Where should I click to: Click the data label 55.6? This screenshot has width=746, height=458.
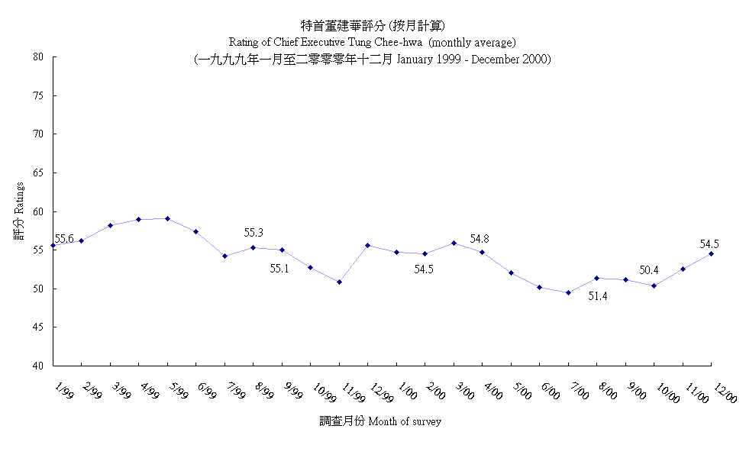coord(64,239)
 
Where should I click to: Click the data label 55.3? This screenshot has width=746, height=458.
coord(254,233)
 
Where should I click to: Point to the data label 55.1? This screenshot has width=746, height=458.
coord(280,269)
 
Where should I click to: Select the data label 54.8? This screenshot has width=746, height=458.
coord(480,239)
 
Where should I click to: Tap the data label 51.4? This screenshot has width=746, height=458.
coord(598,296)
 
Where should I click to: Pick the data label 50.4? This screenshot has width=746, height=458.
coord(649,270)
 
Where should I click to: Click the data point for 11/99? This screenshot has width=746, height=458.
coord(339,282)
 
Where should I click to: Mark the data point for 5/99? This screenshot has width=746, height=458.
coord(167,218)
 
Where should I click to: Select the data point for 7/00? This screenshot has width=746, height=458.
coord(568,292)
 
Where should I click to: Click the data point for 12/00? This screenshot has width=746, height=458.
coord(712,253)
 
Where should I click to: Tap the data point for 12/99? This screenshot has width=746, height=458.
coord(368,245)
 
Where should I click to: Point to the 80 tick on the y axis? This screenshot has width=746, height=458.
coord(37,56)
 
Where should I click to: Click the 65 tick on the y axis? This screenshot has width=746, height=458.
coord(37,173)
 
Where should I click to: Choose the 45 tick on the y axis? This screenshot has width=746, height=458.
coord(37,327)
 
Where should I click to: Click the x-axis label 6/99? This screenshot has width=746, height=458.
coord(206,392)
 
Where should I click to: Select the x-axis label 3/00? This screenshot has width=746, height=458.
coord(464,392)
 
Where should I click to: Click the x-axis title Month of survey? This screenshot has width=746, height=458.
coord(404,421)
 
